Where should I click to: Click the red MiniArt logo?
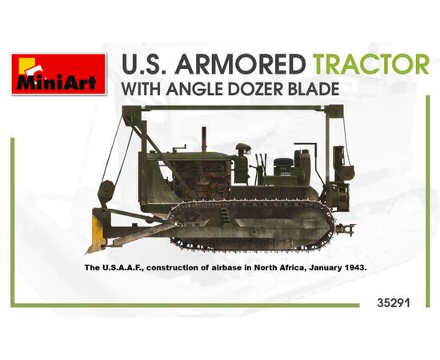coord(58,74)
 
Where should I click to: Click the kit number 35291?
coord(394,303)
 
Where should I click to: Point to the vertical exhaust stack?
coord(204,139)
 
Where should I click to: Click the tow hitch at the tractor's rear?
coord(346,229)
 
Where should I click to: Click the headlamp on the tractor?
coord(243,149)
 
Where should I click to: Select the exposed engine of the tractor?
coord(202,178)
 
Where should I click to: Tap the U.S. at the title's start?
coord(146,65)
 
